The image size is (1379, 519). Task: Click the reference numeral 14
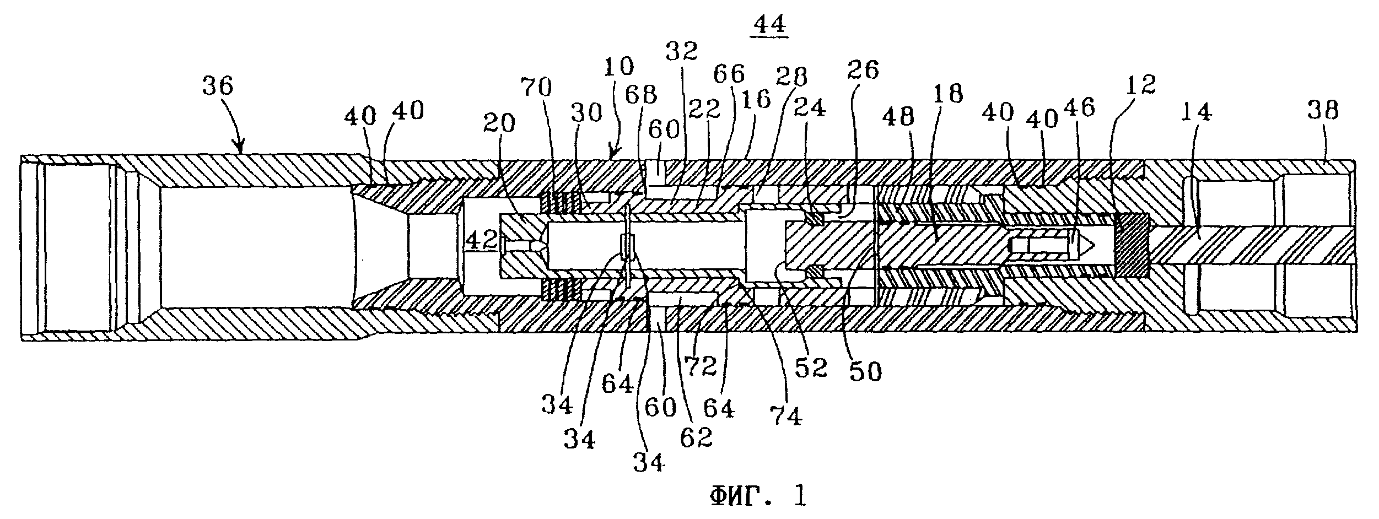click(1196, 113)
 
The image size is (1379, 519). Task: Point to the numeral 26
click(863, 70)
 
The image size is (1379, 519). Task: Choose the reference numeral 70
click(537, 86)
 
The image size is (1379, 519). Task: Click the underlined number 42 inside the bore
click(482, 241)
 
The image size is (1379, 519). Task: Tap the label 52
click(812, 367)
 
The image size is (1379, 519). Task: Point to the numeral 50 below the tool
click(865, 372)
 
